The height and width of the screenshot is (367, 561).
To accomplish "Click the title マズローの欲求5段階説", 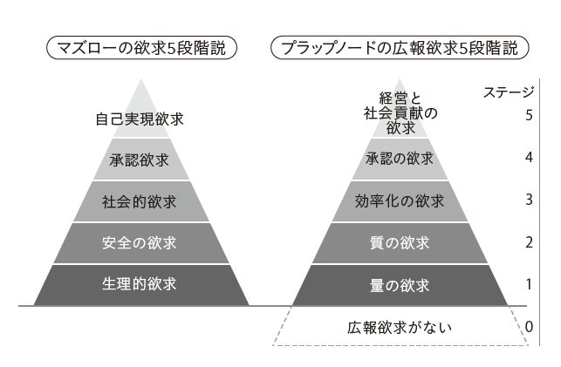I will coord(142,48).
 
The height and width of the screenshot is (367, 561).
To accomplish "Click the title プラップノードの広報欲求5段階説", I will coord(400,48).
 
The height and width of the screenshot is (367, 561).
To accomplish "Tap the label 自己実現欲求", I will coord(140,118).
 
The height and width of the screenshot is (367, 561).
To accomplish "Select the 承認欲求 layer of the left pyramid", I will coord(140,160).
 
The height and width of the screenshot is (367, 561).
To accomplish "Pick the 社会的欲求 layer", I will coord(140,201).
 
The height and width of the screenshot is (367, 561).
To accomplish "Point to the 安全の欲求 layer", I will coord(140,243).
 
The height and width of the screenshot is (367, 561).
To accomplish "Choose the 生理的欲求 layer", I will coord(140,284).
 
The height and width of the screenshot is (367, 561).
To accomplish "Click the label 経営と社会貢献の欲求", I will coord(400,112).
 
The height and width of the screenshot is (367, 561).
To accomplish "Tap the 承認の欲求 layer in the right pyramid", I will coord(400,159).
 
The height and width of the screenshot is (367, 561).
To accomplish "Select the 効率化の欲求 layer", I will coord(400,201).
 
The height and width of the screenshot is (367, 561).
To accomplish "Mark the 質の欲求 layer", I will coord(400,243).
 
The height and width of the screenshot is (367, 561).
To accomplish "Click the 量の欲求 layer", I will coord(400,284).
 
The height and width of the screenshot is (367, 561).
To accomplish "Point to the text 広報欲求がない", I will coord(400,329).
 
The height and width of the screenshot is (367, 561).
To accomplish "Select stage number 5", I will coord(530,115).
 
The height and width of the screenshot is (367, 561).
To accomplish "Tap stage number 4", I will coord(530,158).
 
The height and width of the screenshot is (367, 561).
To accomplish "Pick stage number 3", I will coord(530,200).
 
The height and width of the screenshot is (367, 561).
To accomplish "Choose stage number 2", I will coord(530,242).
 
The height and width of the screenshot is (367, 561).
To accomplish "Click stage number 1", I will coord(530,284).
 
